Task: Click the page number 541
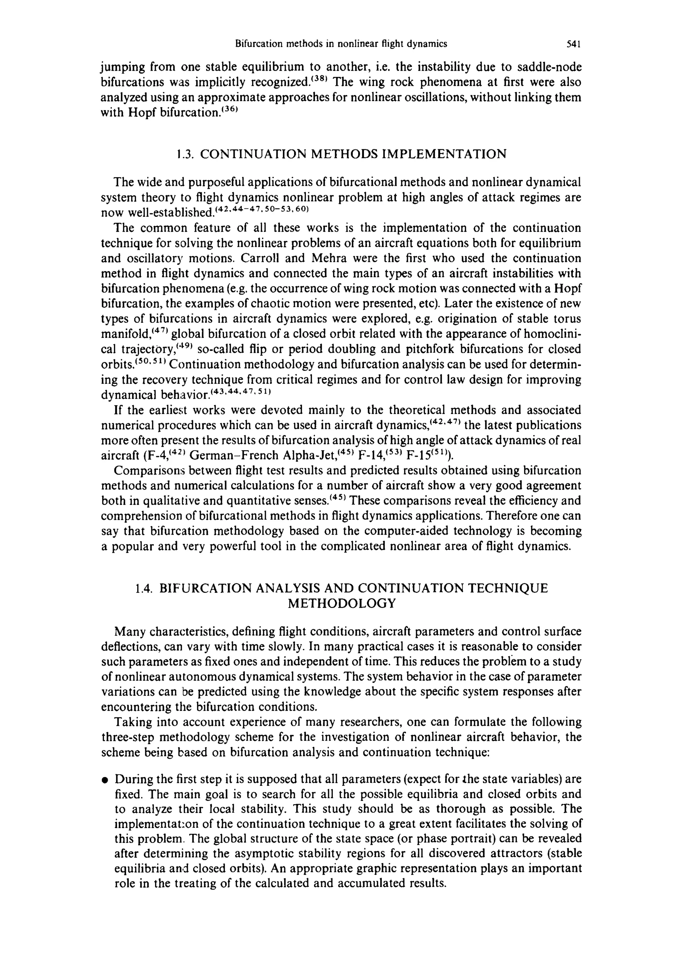573,43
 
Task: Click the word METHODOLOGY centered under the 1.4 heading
342,604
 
